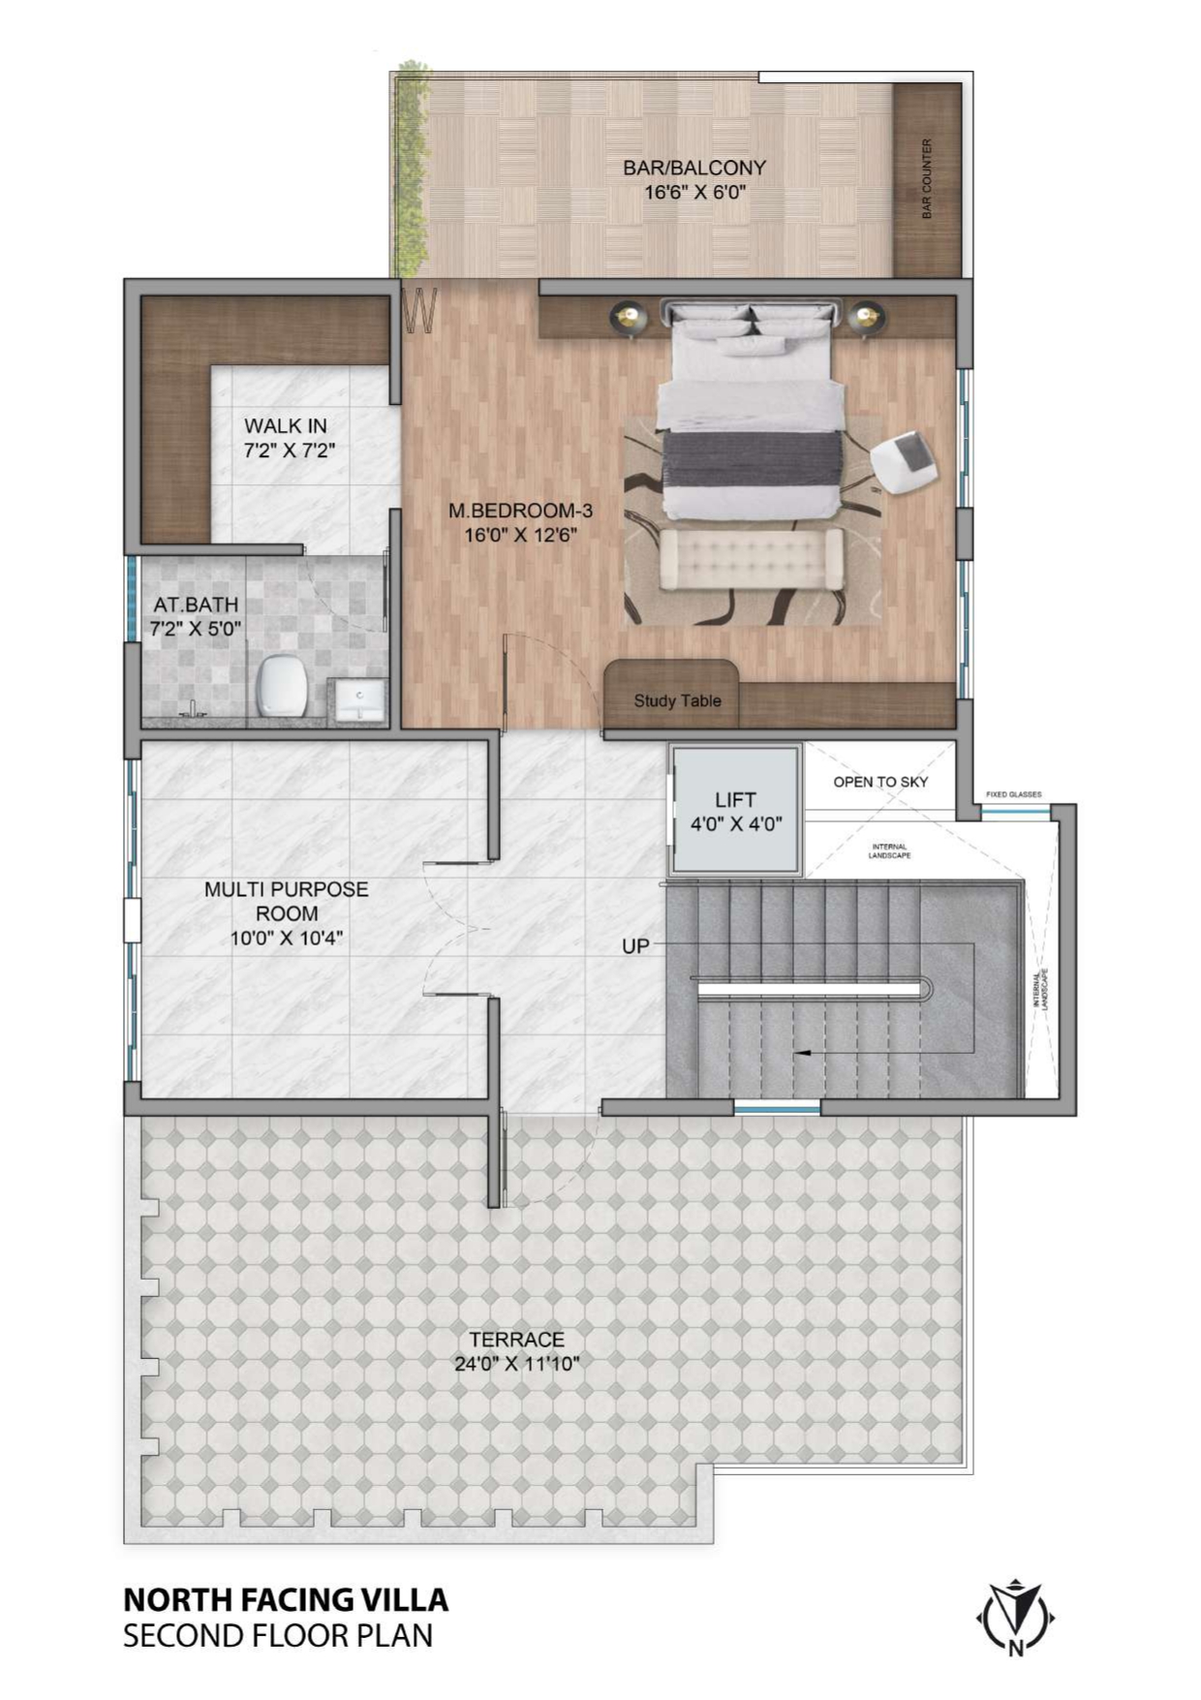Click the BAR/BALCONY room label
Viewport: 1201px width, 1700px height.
pyautogui.click(x=693, y=169)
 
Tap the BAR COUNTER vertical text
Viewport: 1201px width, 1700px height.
pyautogui.click(x=927, y=178)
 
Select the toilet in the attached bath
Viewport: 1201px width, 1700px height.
pyautogui.click(x=282, y=685)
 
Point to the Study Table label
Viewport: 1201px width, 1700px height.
pyautogui.click(x=677, y=700)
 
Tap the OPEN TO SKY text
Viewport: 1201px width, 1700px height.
pyautogui.click(x=879, y=782)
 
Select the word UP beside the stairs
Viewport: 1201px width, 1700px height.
pyautogui.click(x=635, y=945)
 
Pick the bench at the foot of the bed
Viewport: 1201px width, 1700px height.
pyautogui.click(x=751, y=559)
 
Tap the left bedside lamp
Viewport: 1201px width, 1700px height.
pyautogui.click(x=629, y=318)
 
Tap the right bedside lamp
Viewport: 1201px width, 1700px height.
pyautogui.click(x=865, y=318)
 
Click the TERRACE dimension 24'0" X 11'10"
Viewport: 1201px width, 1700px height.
pyautogui.click(x=517, y=1364)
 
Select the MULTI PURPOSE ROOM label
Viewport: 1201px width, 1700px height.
pyautogui.click(x=287, y=901)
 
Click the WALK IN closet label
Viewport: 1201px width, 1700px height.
pyautogui.click(x=286, y=425)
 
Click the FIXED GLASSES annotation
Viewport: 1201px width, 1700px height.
pyautogui.click(x=1013, y=794)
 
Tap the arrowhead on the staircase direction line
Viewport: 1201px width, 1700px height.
pyautogui.click(x=801, y=1052)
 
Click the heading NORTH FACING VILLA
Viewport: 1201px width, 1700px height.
pyautogui.click(x=286, y=1598)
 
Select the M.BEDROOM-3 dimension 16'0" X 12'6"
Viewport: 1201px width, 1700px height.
pyautogui.click(x=520, y=535)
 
